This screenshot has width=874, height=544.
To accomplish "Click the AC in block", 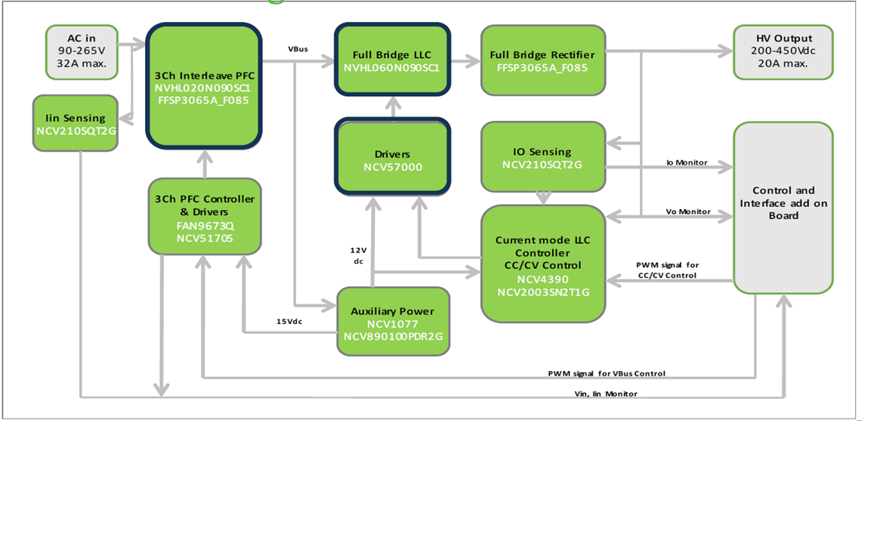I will click(x=81, y=51).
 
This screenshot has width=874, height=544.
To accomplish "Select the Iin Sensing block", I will click(x=76, y=123).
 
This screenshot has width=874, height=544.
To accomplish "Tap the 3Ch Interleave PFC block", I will click(x=205, y=85).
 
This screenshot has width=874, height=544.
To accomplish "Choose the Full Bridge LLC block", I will click(x=392, y=60).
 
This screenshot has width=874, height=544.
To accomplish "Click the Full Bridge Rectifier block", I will click(x=542, y=60).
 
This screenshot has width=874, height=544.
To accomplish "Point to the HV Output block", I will click(x=783, y=51).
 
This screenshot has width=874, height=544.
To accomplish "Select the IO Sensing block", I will click(x=543, y=157).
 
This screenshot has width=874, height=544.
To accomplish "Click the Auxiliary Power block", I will click(x=393, y=320).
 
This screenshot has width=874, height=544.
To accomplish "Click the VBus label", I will click(x=298, y=49).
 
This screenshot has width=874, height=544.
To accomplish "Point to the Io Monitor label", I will click(x=687, y=162).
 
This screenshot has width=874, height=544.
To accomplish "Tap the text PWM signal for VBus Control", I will click(x=607, y=373).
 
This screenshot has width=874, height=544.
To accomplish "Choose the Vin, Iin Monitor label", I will click(x=606, y=394).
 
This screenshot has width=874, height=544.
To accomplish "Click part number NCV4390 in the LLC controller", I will click(x=542, y=278).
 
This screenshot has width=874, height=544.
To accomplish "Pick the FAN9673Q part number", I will click(x=204, y=225).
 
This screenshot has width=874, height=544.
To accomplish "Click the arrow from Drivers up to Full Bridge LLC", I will click(x=392, y=107).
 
